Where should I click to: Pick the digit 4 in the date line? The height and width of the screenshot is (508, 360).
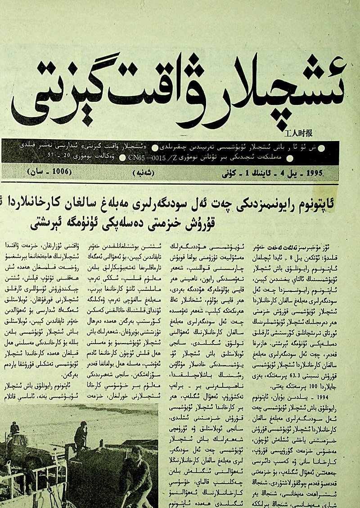point(283,173)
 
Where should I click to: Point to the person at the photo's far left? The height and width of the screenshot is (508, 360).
point(14,430)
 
